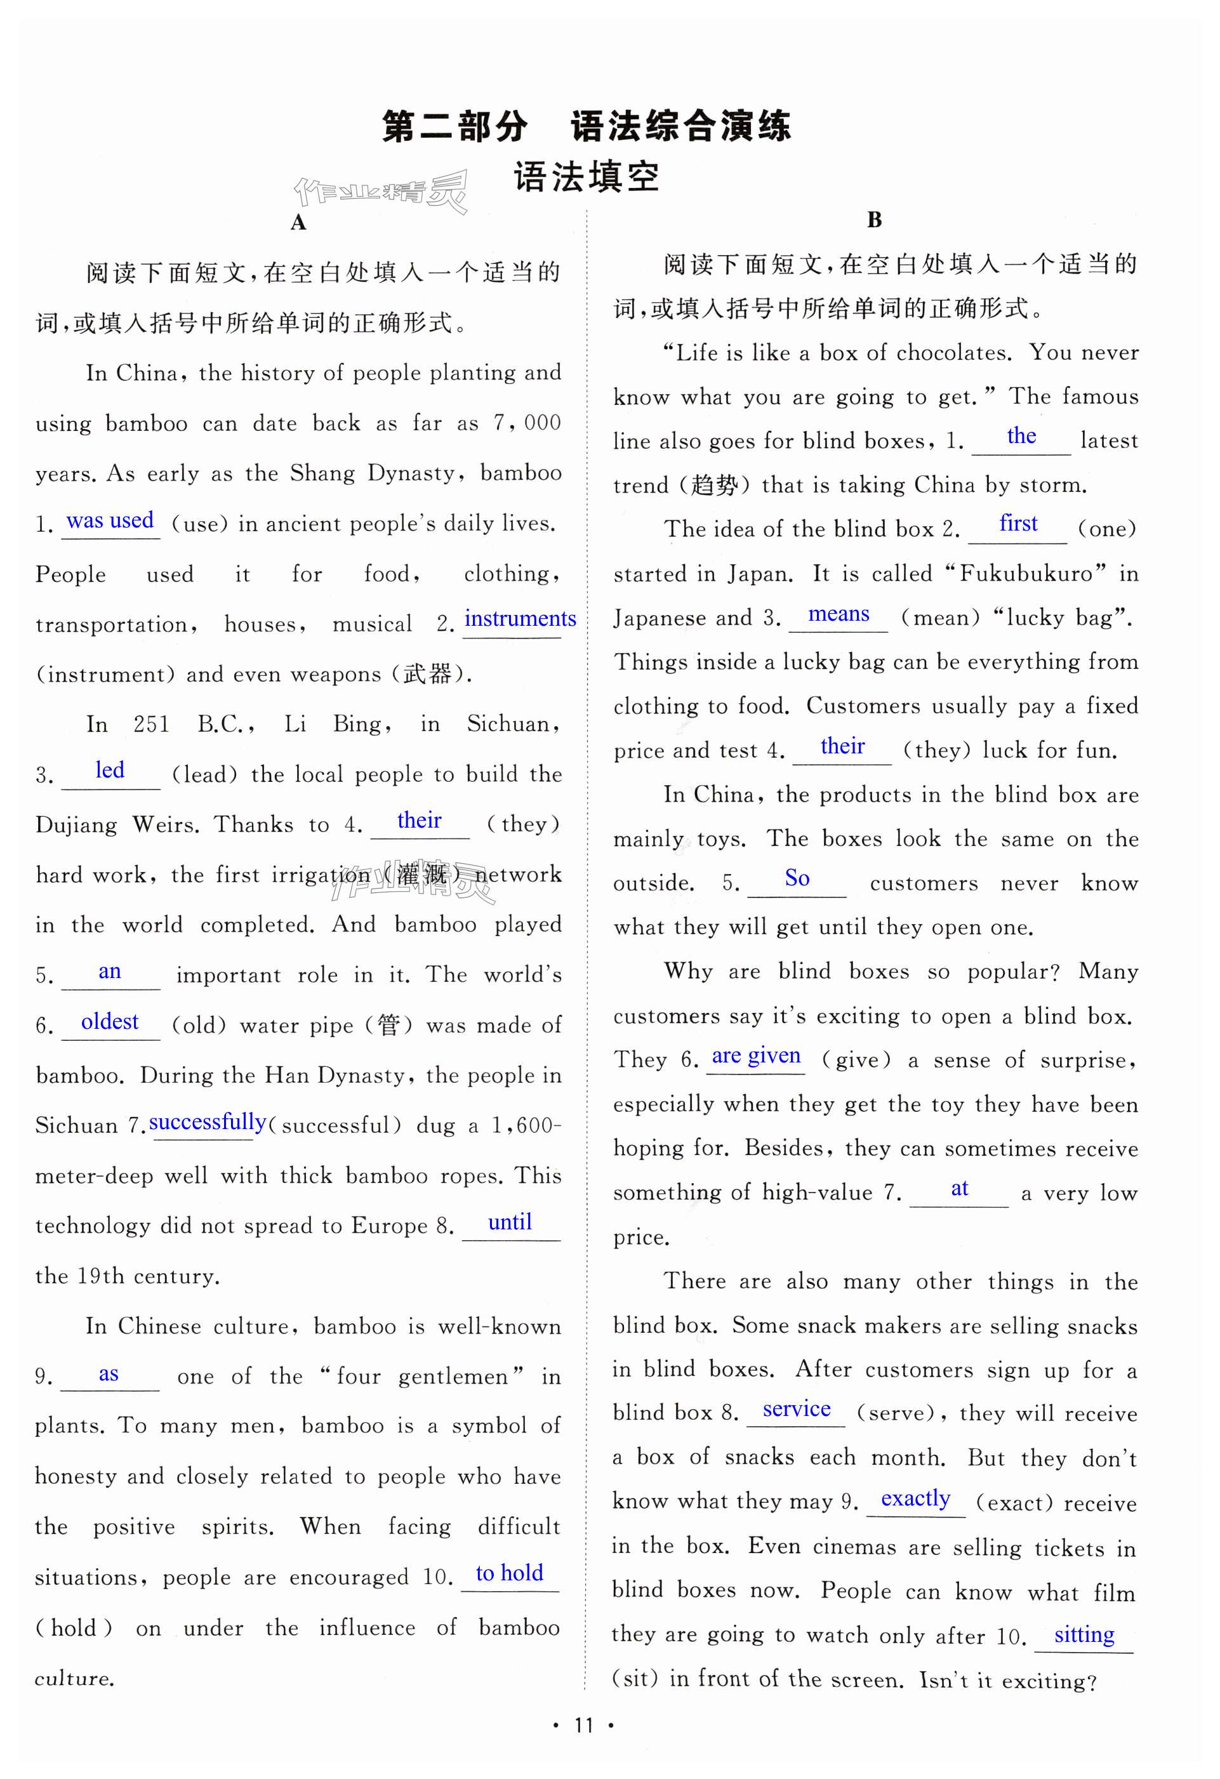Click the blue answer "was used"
point(110,520)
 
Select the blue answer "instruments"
point(520,619)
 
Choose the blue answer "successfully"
point(208,1122)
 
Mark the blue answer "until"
point(510,1222)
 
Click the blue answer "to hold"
point(509,1573)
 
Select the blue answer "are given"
point(755,1056)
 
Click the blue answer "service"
point(796,1409)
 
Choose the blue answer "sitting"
point(1084,1635)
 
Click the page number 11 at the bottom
point(584,1726)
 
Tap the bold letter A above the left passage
point(298,223)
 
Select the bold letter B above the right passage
point(874,220)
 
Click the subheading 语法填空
point(587,178)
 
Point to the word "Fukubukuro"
point(1026,573)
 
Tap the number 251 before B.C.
point(151,724)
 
